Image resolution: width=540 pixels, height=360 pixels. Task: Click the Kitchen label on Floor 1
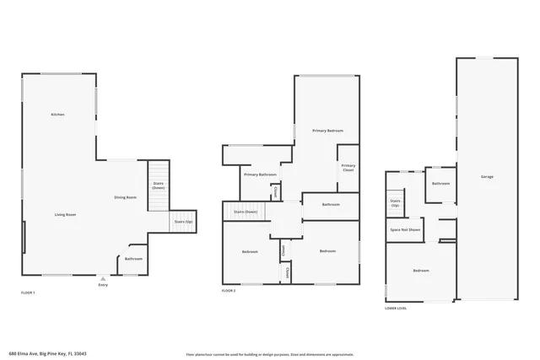57,114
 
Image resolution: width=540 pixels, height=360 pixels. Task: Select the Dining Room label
126,197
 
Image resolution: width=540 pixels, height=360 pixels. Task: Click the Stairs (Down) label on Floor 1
158,185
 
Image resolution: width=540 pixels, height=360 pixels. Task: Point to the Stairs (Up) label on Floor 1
183,222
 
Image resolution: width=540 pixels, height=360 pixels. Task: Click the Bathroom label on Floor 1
133,259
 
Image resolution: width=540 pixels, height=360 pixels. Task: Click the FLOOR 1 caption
28,292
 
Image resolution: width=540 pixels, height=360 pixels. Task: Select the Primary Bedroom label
327,131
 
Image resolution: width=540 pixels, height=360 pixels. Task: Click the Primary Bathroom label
261,175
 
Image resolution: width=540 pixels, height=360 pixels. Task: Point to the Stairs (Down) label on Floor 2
246,212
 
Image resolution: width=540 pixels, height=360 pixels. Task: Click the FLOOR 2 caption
229,290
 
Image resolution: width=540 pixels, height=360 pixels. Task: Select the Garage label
488,176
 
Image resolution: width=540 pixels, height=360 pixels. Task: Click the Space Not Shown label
405,229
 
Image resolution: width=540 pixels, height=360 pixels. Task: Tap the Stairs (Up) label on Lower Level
395,203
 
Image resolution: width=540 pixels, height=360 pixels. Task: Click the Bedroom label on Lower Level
421,271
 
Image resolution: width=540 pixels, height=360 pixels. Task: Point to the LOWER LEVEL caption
396,308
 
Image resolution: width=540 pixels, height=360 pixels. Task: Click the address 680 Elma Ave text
48,353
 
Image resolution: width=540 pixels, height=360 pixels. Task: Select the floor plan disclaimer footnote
269,354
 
